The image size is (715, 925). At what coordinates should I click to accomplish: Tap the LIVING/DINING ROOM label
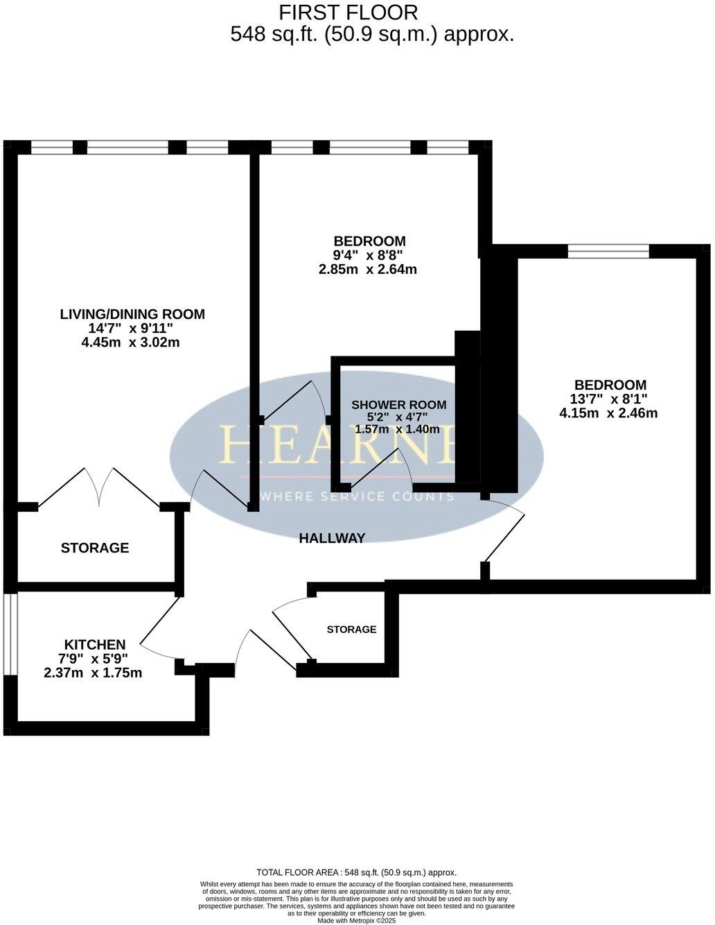pyautogui.click(x=132, y=314)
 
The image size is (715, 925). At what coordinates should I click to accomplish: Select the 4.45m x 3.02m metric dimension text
pyautogui.click(x=130, y=342)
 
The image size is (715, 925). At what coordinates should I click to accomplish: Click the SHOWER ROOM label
pyautogui.click(x=398, y=405)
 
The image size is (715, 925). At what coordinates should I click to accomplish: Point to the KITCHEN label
pyautogui.click(x=95, y=644)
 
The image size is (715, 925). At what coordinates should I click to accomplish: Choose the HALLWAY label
pyautogui.click(x=332, y=538)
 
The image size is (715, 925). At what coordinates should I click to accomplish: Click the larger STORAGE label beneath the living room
pyautogui.click(x=95, y=548)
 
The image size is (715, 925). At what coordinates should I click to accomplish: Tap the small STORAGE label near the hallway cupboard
pyautogui.click(x=351, y=630)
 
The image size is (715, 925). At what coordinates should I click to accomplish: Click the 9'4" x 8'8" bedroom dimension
pyautogui.click(x=369, y=255)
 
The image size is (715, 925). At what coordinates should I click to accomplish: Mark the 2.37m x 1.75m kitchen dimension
pyautogui.click(x=93, y=673)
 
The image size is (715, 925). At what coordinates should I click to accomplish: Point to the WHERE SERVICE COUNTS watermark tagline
pyautogui.click(x=356, y=496)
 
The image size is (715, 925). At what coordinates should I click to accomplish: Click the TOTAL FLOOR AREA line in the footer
pyautogui.click(x=356, y=872)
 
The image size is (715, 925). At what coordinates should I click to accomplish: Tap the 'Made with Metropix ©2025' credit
pyautogui.click(x=356, y=921)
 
